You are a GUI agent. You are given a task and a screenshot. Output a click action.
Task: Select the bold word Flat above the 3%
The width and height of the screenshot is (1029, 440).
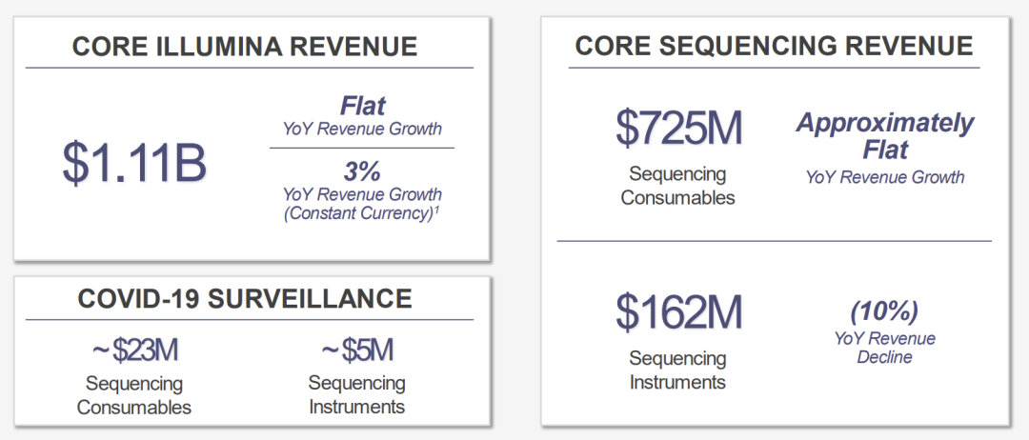tap(362, 107)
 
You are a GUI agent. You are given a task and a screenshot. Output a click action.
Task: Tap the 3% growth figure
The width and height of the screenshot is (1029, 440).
tap(362, 171)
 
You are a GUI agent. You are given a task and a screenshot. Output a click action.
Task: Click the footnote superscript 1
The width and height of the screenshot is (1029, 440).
tap(436, 210)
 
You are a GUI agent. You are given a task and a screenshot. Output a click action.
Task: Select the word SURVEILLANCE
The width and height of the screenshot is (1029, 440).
tap(310, 298)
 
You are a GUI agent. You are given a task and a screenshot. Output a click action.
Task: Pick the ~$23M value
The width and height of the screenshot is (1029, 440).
tap(134, 350)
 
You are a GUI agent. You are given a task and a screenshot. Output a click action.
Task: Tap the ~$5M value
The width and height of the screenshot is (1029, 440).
tap(357, 350)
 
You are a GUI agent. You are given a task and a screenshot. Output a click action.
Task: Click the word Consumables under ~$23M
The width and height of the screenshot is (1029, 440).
tap(134, 407)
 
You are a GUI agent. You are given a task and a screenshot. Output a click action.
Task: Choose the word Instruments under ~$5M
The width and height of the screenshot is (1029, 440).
tap(357, 407)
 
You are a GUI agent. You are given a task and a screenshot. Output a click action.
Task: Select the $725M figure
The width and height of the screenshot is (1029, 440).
tap(678, 128)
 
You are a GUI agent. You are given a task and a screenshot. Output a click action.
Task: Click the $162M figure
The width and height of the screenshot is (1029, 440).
tap(678, 312)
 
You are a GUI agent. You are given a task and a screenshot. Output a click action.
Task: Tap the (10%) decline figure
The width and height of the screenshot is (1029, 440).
tap(884, 312)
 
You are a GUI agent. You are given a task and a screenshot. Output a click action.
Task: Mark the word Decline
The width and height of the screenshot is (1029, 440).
tap(884, 357)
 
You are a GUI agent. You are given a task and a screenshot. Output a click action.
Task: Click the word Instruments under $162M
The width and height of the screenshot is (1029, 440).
tap(678, 382)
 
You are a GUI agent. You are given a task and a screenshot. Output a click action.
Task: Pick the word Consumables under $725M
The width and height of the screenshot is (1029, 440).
tap(678, 197)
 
